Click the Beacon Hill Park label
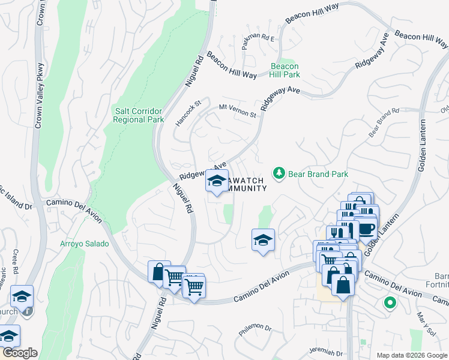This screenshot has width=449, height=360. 285,70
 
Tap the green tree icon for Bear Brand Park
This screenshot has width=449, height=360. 279,174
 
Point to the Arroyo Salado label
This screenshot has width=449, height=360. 85,244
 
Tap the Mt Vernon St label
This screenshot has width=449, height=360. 237,110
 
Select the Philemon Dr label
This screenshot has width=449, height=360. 256,328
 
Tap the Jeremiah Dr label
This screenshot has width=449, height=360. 325,353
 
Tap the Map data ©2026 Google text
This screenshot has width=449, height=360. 411,355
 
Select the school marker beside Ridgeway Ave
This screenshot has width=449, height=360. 217,181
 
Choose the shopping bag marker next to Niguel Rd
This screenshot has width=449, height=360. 158,272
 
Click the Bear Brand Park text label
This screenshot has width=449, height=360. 318,174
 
